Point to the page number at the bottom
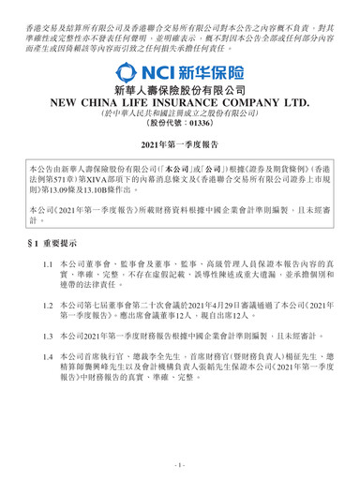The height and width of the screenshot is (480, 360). click(x=180, y=465)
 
